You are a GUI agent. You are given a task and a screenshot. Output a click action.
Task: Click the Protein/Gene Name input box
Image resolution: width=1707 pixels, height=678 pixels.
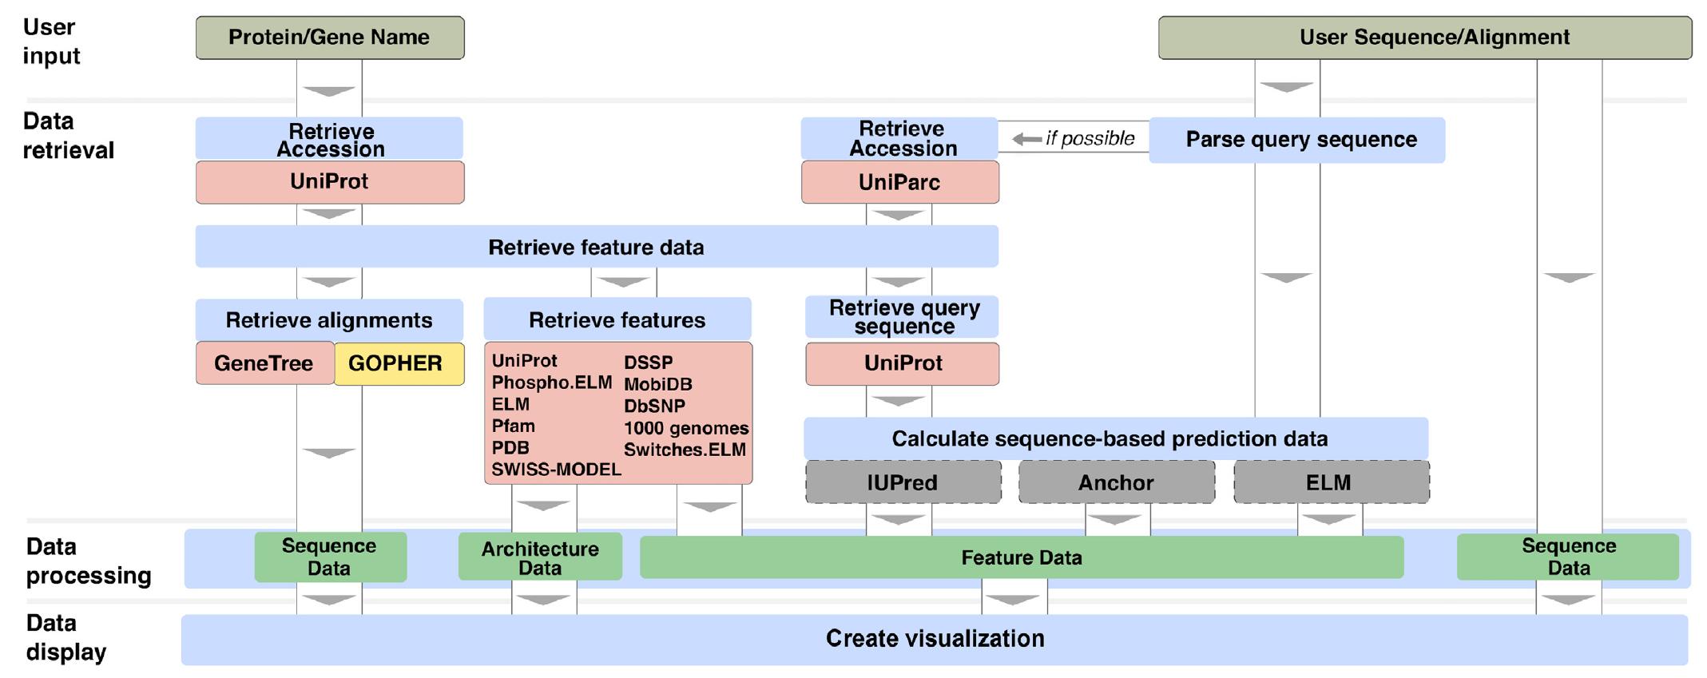[x=329, y=38]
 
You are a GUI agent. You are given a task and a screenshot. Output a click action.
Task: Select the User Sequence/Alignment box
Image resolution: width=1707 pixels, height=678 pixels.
[x=1424, y=38]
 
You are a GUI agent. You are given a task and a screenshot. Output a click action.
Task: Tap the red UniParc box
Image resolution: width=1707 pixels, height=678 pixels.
[x=899, y=183]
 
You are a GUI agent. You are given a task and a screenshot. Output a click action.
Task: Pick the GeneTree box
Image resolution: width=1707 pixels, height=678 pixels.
[x=264, y=364]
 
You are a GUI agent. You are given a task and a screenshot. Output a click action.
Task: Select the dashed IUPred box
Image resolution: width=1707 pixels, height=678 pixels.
[x=903, y=482]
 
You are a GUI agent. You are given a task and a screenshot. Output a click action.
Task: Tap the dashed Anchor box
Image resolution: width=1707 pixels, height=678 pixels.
[x=1116, y=482]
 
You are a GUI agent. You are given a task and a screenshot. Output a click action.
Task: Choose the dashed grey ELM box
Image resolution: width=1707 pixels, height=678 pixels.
[x=1331, y=482]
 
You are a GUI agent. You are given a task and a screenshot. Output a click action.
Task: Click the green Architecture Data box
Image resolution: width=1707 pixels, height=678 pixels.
[x=540, y=557]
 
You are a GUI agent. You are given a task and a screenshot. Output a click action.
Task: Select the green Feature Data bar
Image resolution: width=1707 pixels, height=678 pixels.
[x=1021, y=557]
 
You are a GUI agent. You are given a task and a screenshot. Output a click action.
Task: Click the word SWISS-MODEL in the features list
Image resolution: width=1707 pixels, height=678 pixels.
[x=556, y=470]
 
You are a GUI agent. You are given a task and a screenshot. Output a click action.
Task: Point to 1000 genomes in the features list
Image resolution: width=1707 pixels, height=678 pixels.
[x=685, y=428]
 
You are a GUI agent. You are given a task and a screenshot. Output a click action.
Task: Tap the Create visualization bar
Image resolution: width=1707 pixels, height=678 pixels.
[x=934, y=639]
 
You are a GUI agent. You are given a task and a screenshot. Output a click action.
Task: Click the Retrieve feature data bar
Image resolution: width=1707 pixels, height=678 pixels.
[x=596, y=248]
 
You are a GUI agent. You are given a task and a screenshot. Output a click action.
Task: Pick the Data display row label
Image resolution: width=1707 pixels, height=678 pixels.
[x=66, y=637]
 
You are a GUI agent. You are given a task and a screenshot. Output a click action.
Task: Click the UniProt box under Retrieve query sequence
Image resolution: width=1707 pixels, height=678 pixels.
[x=903, y=364]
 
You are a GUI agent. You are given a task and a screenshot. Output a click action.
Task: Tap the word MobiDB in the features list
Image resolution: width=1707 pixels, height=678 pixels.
[x=657, y=384]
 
